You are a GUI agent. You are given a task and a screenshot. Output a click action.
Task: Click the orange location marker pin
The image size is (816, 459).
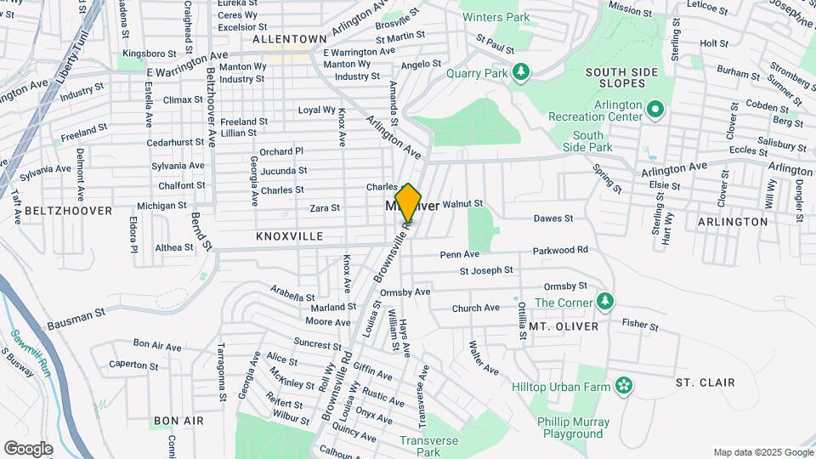(x=408, y=203)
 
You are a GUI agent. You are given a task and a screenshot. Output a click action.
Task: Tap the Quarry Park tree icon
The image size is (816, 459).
(x=521, y=72)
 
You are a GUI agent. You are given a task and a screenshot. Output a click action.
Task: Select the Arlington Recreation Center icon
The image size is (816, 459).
(x=654, y=109)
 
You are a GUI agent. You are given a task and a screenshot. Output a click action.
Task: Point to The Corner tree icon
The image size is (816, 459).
(x=604, y=301)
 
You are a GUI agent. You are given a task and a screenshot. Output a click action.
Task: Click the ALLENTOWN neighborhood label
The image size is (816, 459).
(x=290, y=39)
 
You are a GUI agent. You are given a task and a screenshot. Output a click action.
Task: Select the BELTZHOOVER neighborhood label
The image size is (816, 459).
(x=69, y=210)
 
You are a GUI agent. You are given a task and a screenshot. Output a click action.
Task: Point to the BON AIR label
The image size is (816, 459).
(x=178, y=421)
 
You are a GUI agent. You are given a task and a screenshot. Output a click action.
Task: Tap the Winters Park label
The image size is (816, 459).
(x=494, y=17)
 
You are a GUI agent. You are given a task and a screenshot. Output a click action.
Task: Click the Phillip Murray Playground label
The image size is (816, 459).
(x=574, y=428)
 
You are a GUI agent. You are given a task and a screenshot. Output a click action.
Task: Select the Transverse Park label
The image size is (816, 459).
(x=429, y=446)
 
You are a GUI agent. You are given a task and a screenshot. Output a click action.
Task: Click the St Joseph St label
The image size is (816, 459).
(x=486, y=270)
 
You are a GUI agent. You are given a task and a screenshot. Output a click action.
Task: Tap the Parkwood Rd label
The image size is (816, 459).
(x=560, y=250)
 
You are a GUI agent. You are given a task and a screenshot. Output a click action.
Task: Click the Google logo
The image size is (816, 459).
(x=28, y=449)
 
